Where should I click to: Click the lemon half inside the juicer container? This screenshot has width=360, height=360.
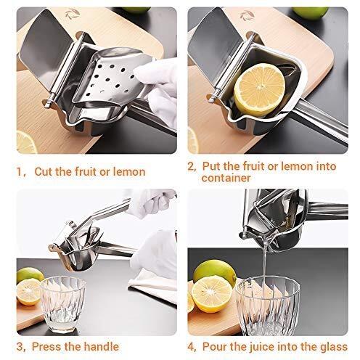[x=260, y=91]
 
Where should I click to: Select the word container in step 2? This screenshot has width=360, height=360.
[x=226, y=178]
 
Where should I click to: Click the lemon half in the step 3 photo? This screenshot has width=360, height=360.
[x=30, y=292]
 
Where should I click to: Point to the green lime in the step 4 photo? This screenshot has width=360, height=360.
[x=215, y=271]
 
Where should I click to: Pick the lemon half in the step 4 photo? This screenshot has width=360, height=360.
[x=211, y=293]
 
